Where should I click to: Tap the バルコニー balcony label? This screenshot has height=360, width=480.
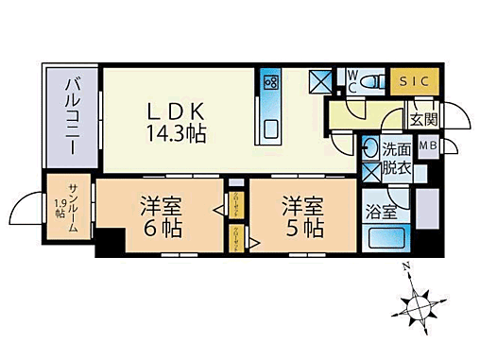[72, 111]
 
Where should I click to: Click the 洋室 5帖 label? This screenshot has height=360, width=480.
[301, 216]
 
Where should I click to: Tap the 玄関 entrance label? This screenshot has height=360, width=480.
[421, 120]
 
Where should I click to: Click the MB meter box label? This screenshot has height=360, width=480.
[428, 146]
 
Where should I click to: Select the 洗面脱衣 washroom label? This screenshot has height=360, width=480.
[396, 158]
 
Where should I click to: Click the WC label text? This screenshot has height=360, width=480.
[351, 79]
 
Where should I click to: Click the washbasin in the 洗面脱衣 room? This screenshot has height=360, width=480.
[369, 150]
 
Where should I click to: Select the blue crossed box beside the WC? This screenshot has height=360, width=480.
[323, 80]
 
